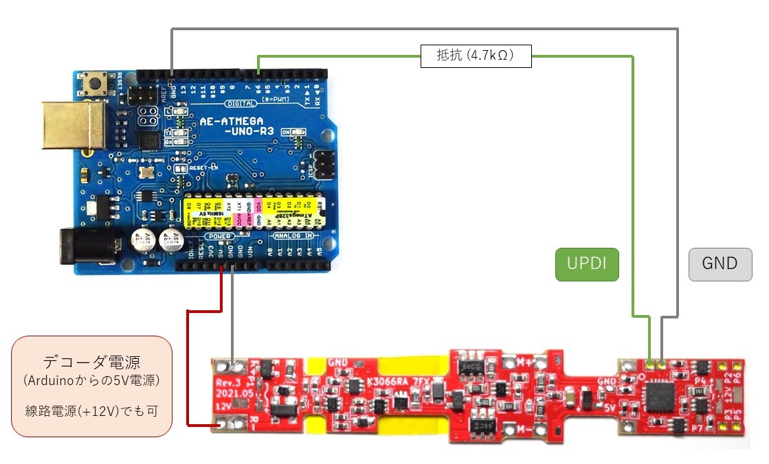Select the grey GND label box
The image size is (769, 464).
point(720,264)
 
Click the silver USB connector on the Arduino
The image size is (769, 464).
point(71,130)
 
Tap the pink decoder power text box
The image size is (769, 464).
point(92,386)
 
